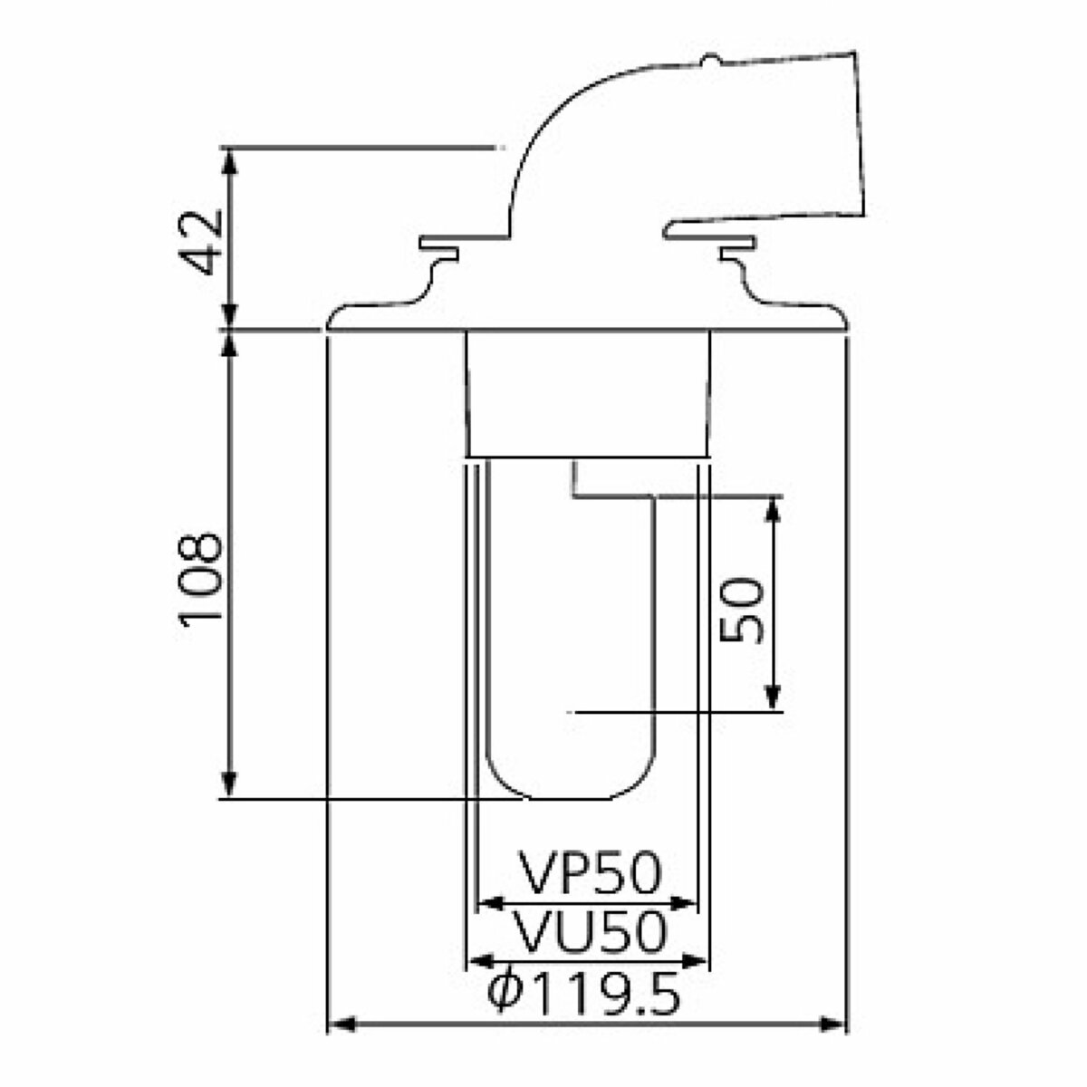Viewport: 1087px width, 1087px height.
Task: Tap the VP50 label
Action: tap(591, 874)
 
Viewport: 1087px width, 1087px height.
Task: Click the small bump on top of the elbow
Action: tap(710, 62)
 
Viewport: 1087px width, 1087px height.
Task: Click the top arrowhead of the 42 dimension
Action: tap(230, 159)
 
